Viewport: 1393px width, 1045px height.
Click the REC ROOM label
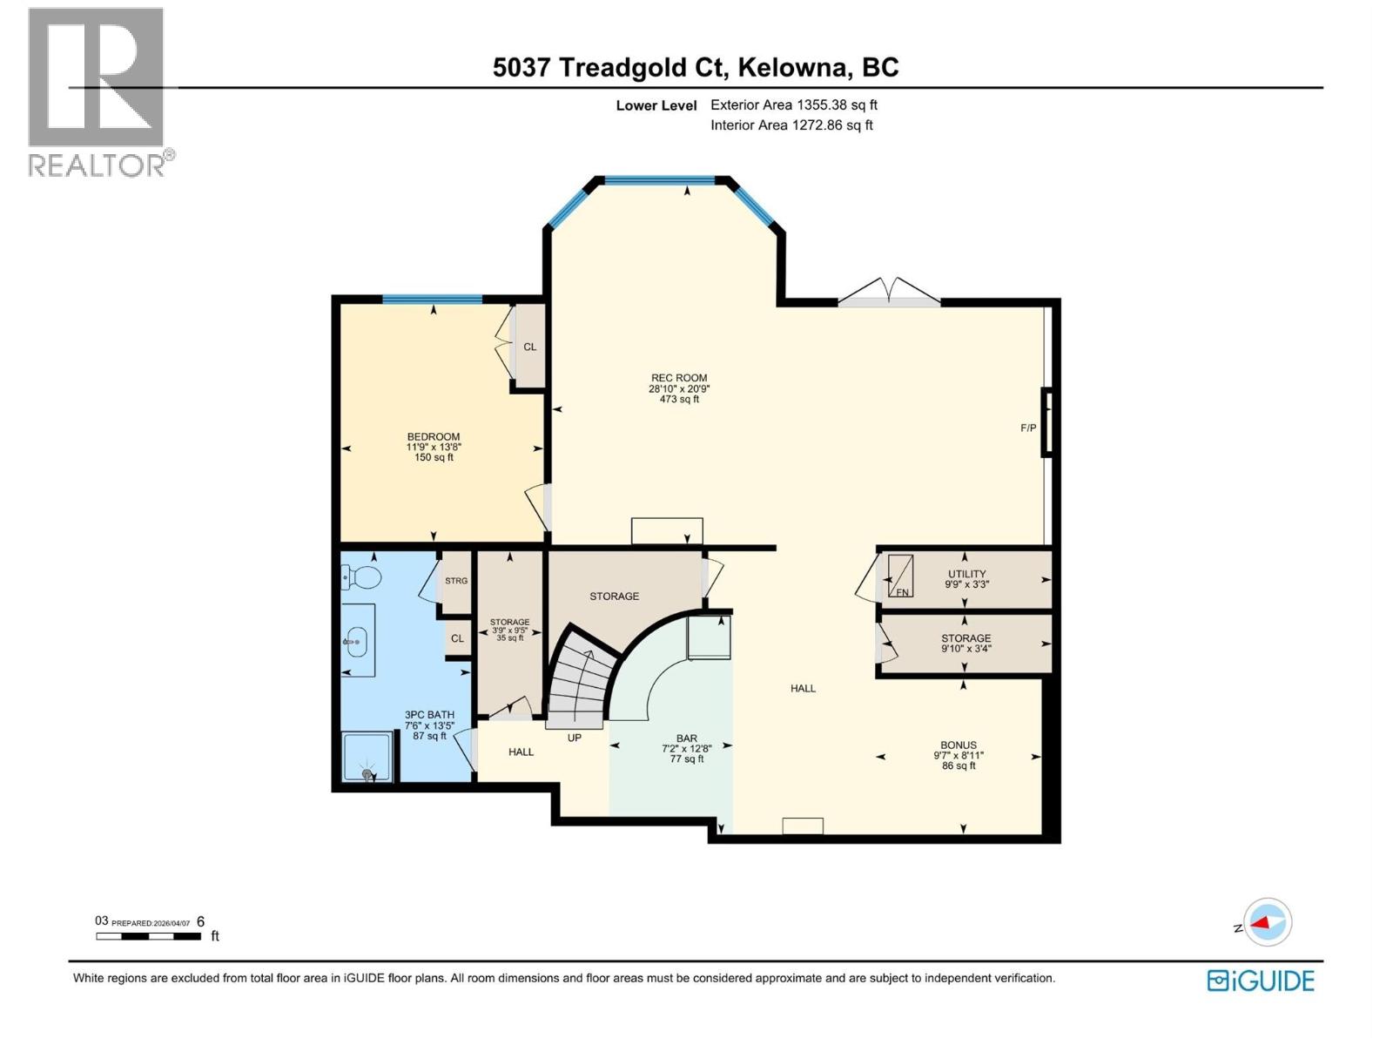point(679,379)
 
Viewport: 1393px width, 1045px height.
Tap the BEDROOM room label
point(434,437)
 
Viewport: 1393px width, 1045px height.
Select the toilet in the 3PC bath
point(362,576)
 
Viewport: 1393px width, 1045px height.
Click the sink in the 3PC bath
point(356,642)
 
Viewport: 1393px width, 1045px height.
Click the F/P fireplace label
point(1028,428)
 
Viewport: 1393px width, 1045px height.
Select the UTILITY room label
point(966,574)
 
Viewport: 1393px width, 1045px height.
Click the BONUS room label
point(958,745)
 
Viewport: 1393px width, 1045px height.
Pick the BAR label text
point(686,738)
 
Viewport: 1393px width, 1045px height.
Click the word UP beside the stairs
point(575,738)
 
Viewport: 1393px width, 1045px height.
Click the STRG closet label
point(456,581)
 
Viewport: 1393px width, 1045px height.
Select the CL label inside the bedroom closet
point(529,347)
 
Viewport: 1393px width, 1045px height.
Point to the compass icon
point(1267,922)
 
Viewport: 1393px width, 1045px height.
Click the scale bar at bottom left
point(149,936)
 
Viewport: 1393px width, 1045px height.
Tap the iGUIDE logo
point(1261,981)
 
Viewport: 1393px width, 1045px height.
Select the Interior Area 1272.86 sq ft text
point(791,125)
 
